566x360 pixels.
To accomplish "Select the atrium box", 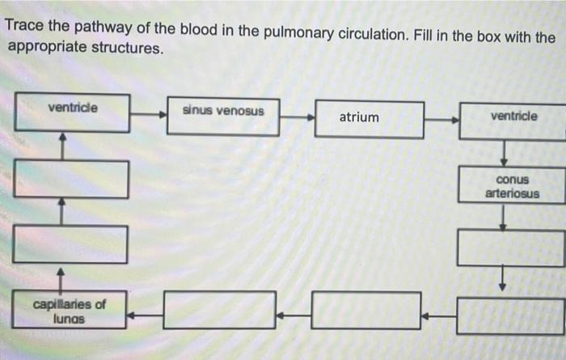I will tap(369, 119).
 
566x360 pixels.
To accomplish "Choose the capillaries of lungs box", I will tap(70, 310).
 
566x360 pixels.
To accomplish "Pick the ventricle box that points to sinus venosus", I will tap(73, 112).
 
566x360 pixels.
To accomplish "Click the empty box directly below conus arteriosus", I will tap(511, 247).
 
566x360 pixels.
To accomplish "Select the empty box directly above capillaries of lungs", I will tap(70, 244).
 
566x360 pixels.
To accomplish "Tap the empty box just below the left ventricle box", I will tap(71, 179).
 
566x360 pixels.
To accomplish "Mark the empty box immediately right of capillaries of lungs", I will tap(219, 311).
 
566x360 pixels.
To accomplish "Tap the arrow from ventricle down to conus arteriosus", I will tap(504, 152).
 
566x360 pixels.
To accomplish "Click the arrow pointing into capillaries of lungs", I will tap(146, 313).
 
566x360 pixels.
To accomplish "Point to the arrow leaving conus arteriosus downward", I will tap(503, 216).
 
